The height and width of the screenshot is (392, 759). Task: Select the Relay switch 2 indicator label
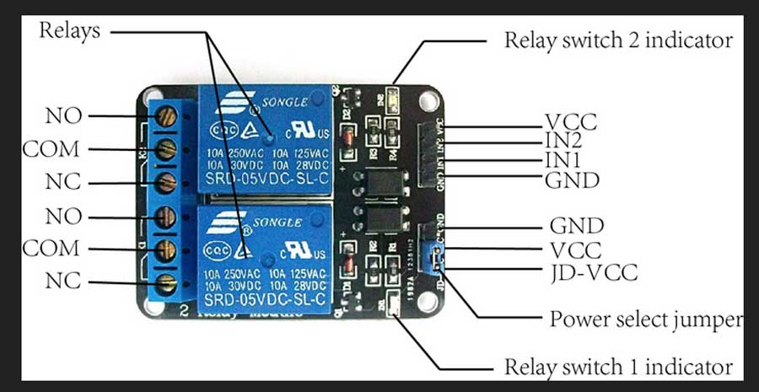coord(618,40)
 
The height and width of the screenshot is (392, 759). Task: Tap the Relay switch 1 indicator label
coord(618,368)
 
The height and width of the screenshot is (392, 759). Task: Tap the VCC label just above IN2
coord(571,122)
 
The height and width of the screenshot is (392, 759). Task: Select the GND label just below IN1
coord(572,180)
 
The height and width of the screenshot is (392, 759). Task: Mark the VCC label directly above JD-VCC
coord(576,250)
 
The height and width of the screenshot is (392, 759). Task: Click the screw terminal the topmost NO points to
coord(167,115)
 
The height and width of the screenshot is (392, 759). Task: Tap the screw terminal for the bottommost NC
coord(167,282)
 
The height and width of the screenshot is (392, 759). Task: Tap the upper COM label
coord(51,149)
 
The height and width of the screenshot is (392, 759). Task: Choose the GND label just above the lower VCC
coord(577,226)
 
